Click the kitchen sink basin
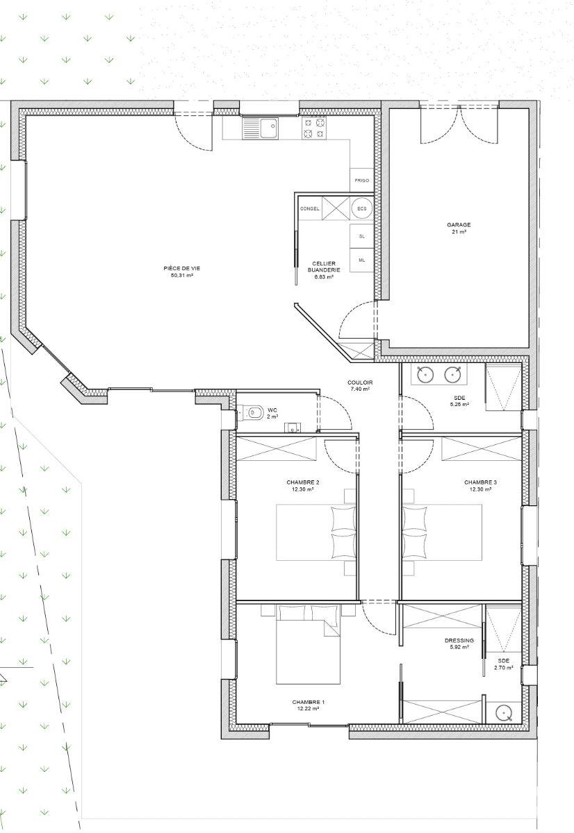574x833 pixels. click(x=268, y=128)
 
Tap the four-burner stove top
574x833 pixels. click(x=313, y=128)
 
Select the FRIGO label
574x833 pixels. click(x=362, y=180)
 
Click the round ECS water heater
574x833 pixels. click(x=362, y=209)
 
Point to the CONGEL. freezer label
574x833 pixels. click(x=310, y=209)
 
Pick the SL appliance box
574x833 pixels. click(x=362, y=236)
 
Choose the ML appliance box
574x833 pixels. click(x=362, y=260)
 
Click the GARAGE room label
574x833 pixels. click(x=459, y=225)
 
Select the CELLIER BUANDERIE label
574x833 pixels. click(x=324, y=267)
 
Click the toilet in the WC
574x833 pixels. click(x=253, y=412)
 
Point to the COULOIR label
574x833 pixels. click(x=360, y=382)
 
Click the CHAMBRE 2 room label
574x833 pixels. click(x=302, y=482)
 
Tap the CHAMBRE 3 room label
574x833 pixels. click(x=480, y=482)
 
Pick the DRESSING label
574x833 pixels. click(x=459, y=640)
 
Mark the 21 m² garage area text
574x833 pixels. click(x=459, y=231)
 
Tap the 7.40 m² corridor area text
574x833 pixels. click(x=360, y=389)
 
